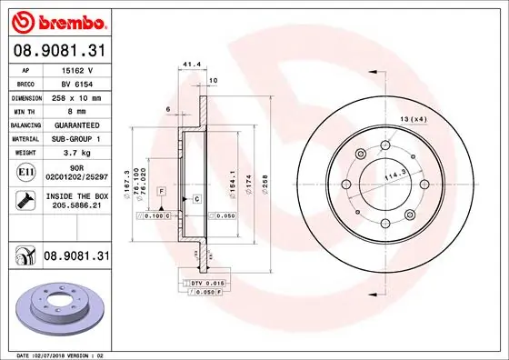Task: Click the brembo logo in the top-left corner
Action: tap(57, 20)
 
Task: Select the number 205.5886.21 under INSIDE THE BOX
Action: tap(77, 205)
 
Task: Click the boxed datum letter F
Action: tap(161, 191)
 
